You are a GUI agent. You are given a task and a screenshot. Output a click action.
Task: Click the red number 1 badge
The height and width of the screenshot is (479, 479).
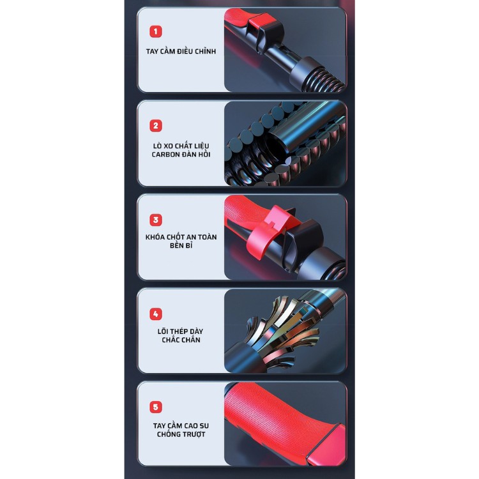pyautogui.click(x=156, y=31)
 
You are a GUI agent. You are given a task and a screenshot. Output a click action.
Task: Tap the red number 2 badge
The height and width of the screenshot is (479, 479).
pyautogui.click(x=156, y=126)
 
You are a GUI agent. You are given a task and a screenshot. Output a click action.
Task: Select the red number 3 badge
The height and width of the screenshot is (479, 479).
pyautogui.click(x=156, y=220)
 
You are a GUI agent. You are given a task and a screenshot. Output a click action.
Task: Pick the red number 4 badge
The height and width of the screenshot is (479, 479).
pyautogui.click(x=156, y=314)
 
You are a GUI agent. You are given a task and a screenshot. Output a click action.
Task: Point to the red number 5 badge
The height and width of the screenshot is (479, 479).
pyautogui.click(x=156, y=407)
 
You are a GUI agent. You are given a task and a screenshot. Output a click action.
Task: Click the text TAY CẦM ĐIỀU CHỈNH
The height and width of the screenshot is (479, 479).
pyautogui.click(x=181, y=51)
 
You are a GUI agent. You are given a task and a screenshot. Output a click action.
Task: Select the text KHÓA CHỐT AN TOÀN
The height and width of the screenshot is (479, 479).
pyautogui.click(x=181, y=237)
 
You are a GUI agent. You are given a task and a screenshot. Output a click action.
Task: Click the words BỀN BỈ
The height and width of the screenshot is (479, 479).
pyautogui.click(x=181, y=245)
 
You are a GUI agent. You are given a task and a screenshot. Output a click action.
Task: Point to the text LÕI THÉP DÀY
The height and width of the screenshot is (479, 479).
pyautogui.click(x=181, y=331)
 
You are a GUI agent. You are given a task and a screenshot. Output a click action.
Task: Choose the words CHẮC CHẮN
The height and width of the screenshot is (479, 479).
pyautogui.click(x=181, y=340)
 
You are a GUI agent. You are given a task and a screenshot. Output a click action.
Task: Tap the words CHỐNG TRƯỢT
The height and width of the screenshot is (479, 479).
pyautogui.click(x=181, y=434)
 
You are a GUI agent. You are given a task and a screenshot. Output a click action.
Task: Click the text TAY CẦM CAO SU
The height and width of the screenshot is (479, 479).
pyautogui.click(x=181, y=425)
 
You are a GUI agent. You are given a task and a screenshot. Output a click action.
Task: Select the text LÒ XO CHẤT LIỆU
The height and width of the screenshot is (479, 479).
pyautogui.click(x=181, y=146)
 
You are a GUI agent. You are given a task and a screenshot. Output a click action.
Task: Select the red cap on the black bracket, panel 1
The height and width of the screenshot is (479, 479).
pyautogui.click(x=262, y=21)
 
